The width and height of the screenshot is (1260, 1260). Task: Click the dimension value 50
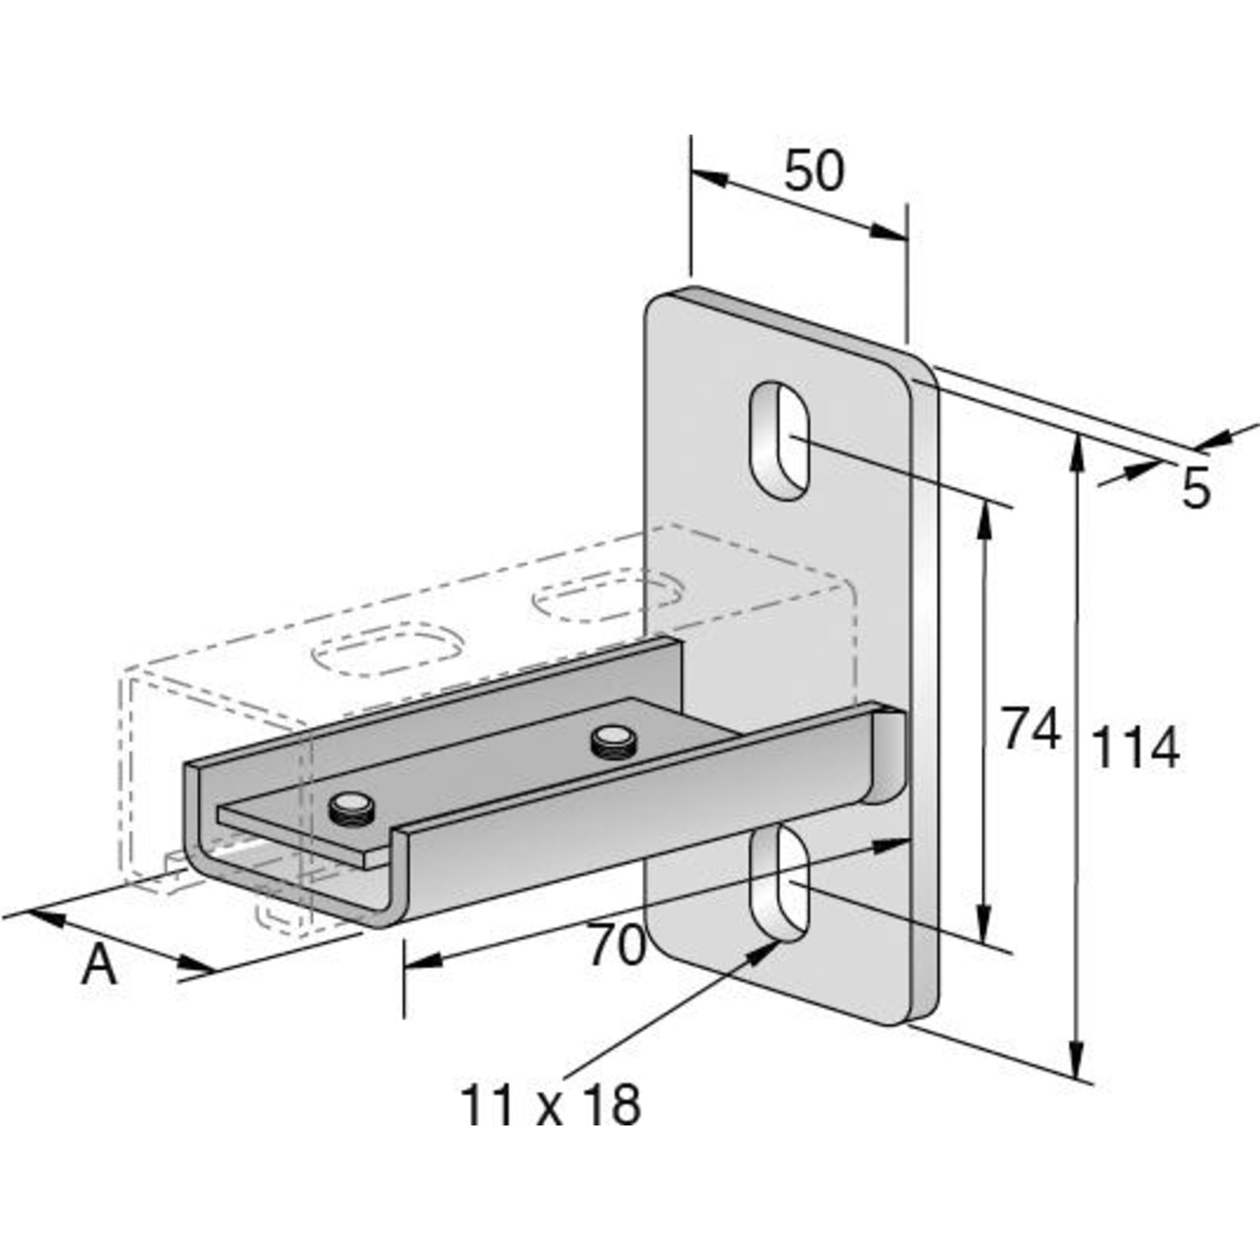click(814, 172)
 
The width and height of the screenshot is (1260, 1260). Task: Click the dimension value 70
click(616, 946)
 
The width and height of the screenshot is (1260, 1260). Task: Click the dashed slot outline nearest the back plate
click(607, 598)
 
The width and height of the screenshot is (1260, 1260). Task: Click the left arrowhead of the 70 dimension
click(420, 961)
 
